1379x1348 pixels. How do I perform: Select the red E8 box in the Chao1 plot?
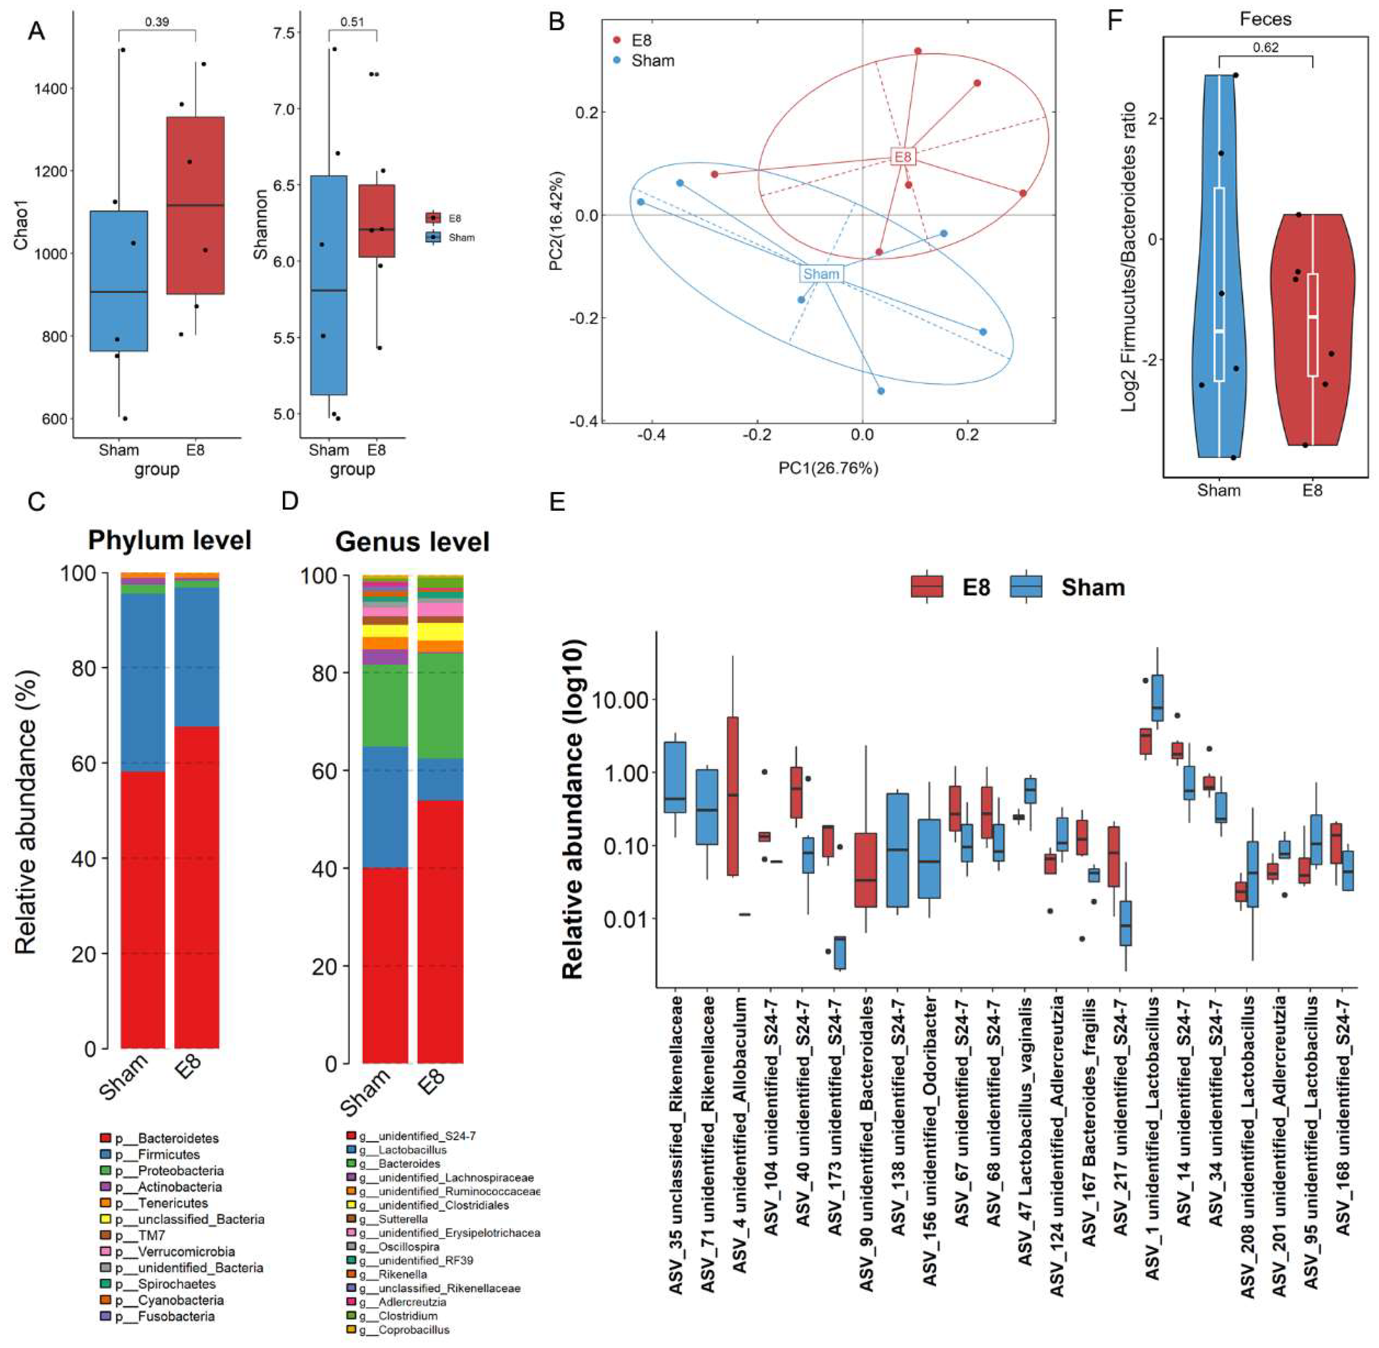point(195,205)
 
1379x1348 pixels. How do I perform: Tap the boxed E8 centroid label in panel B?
point(903,156)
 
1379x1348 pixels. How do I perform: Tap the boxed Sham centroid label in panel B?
point(821,274)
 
